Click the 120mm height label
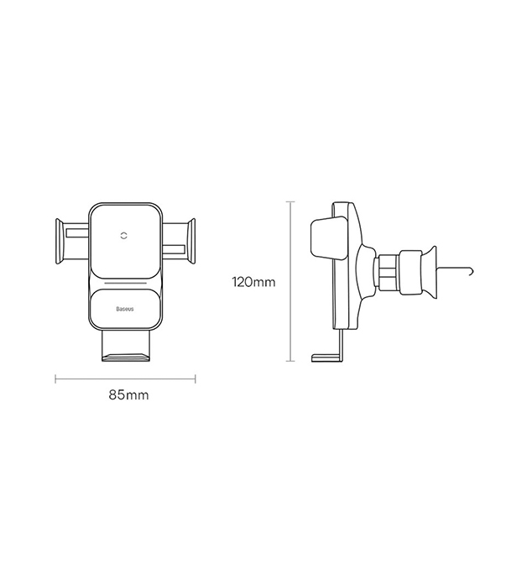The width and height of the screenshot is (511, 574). click(x=253, y=282)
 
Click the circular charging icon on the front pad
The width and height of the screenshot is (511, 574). click(x=125, y=238)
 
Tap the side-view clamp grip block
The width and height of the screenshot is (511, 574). click(x=327, y=237)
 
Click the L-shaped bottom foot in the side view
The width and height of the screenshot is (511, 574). click(x=329, y=357)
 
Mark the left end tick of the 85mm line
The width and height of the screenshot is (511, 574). click(x=55, y=378)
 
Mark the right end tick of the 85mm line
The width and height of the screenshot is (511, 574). click(x=196, y=378)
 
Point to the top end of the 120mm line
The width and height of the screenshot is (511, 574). click(x=289, y=201)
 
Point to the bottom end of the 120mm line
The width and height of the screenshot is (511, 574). click(x=289, y=362)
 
